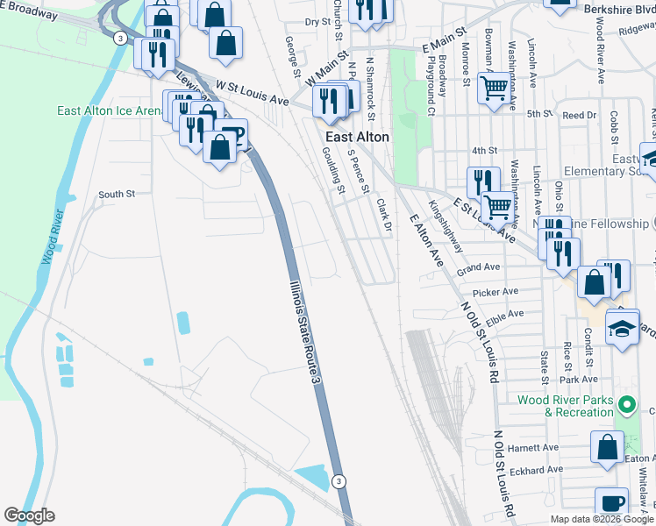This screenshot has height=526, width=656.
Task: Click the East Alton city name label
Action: click(357, 137)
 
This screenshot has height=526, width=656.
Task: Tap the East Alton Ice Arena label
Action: click(109, 110)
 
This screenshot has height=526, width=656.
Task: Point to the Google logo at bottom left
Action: click(29, 515)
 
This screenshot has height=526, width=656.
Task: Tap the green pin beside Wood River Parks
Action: click(626, 405)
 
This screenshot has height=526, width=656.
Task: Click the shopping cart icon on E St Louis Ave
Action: click(497, 206)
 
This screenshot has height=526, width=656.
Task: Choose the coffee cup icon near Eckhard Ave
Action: click(611, 503)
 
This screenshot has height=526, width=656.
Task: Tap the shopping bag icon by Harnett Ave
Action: click(607, 446)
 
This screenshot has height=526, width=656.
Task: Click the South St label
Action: click(117, 194)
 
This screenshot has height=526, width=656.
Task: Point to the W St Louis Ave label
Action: click(253, 93)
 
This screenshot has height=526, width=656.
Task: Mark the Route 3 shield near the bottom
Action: click(339, 480)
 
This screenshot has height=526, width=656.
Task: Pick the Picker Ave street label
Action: click(496, 291)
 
